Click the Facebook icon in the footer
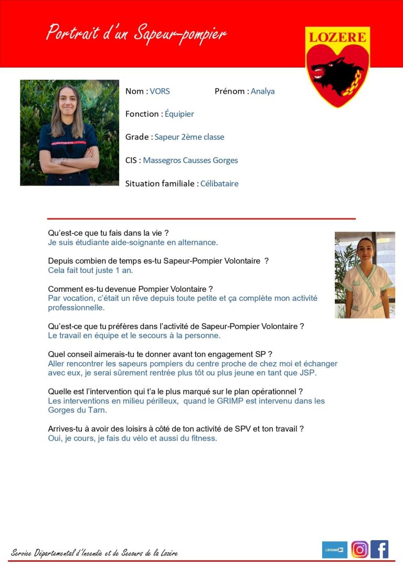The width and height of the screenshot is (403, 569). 379,549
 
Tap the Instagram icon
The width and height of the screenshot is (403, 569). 359,549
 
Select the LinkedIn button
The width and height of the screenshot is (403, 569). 334,550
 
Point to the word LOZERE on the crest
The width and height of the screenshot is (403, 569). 337,37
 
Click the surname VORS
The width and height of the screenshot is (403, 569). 160,91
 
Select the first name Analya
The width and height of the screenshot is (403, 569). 262,91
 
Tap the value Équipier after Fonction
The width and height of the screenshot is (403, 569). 179,114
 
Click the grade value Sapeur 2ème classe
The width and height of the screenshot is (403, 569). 189,137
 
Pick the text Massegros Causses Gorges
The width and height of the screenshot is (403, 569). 190,160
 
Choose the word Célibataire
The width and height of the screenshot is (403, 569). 219,183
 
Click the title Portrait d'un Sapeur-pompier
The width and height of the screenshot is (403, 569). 136,33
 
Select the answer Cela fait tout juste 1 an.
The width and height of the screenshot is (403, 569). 90,270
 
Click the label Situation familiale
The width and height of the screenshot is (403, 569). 161,183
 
